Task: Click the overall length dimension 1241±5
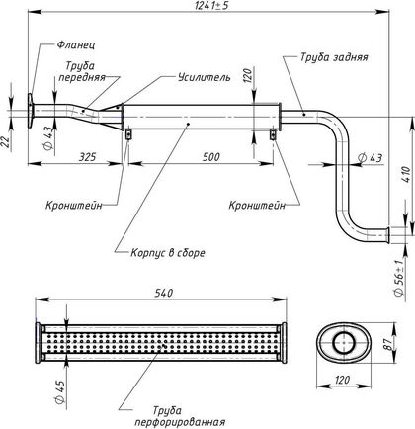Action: [211, 5]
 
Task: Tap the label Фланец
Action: [76, 44]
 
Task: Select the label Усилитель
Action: [205, 77]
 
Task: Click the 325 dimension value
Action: [87, 156]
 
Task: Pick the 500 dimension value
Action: [210, 156]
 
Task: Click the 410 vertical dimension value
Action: [407, 174]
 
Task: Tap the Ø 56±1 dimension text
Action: [398, 279]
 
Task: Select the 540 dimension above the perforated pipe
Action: [164, 293]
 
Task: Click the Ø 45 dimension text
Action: [59, 390]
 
